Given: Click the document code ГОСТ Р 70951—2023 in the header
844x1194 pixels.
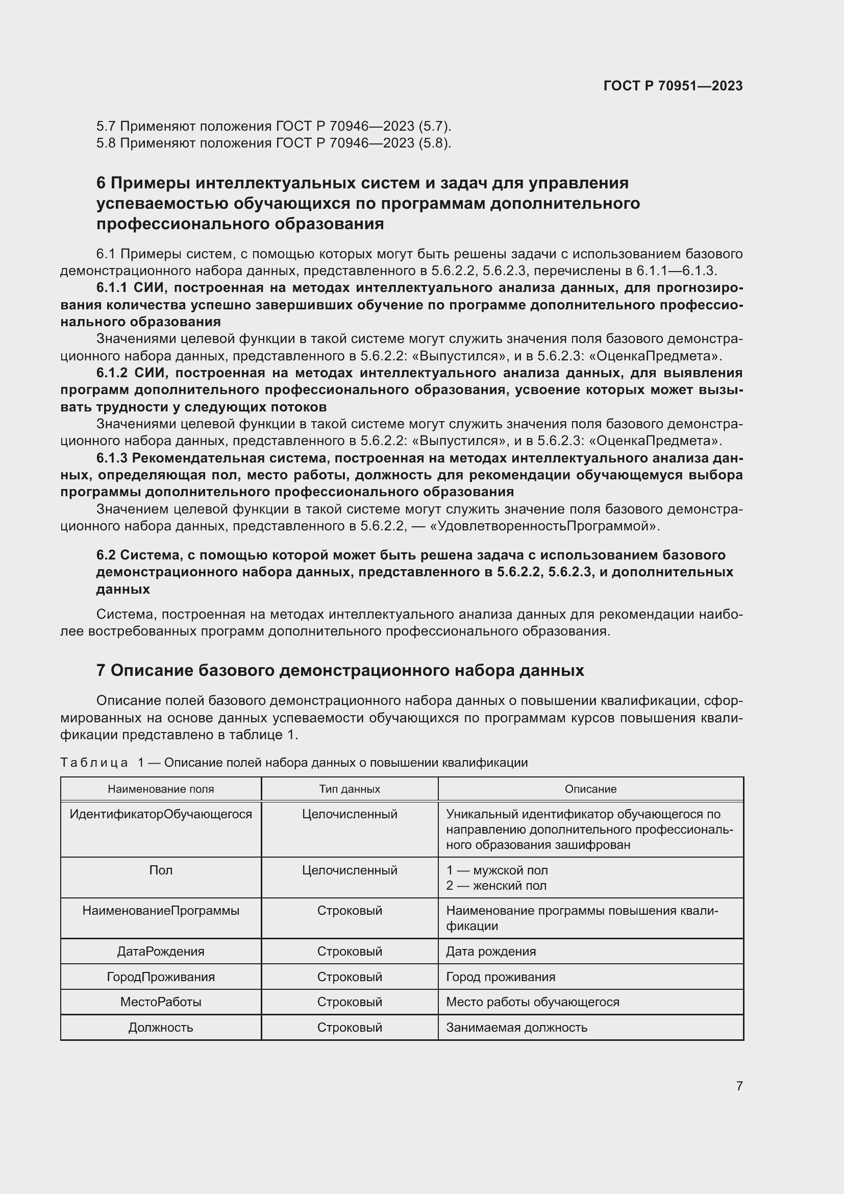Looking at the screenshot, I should [x=673, y=86].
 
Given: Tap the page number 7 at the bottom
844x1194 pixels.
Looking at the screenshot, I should [x=739, y=1086].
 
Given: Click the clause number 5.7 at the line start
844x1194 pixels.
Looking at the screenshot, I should [x=106, y=127].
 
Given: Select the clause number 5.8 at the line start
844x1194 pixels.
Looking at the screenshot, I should [x=106, y=143].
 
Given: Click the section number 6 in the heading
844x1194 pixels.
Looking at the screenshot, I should [x=101, y=183].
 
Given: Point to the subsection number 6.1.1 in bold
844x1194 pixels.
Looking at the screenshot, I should [x=112, y=287].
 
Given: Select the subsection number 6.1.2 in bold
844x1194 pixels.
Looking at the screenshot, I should [x=112, y=373].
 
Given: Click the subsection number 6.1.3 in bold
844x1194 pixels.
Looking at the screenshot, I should [x=112, y=458].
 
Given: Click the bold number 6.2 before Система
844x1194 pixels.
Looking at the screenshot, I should [x=106, y=555].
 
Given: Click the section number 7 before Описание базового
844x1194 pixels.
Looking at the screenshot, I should [x=101, y=671].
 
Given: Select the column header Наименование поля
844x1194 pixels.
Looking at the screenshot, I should [x=161, y=789].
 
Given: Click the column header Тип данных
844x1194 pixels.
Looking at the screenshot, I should [x=349, y=789].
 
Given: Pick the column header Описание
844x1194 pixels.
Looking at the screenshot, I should [x=590, y=789].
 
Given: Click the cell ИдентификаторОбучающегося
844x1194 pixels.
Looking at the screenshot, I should [x=161, y=814].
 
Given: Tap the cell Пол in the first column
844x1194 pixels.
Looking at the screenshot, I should [x=161, y=870].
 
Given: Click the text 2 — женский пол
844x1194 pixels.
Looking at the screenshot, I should [x=496, y=886].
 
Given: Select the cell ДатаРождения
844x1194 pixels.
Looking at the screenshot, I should [x=161, y=951].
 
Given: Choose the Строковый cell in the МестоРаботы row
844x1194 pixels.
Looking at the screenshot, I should [x=349, y=1002].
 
